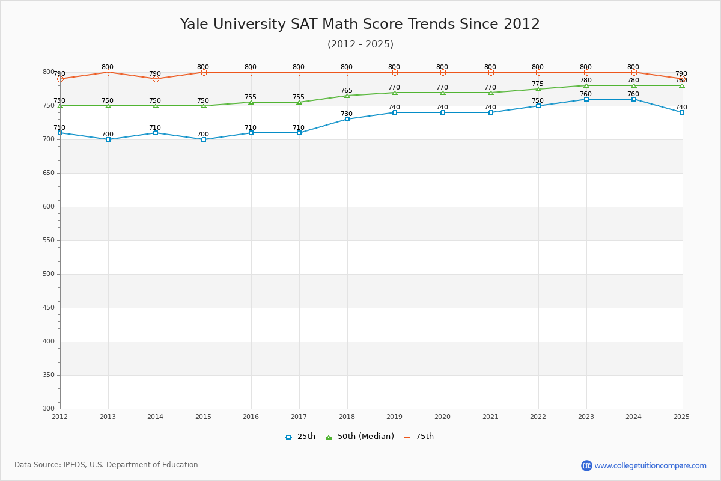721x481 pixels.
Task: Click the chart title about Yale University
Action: point(360,24)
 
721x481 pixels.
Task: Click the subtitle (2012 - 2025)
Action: point(360,44)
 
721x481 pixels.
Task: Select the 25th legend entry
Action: point(300,437)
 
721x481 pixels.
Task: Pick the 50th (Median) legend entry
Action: point(359,437)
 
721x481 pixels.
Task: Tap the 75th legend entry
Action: point(419,437)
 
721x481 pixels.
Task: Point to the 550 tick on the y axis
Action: point(48,240)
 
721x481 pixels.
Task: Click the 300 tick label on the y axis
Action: point(48,409)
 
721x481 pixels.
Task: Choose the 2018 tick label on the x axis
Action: point(347,417)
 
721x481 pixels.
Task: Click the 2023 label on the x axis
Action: point(586,417)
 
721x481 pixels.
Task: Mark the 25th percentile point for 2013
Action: point(108,139)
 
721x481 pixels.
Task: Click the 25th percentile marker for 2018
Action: point(347,119)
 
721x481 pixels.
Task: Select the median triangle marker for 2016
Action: point(251,102)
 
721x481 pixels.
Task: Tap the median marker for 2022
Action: point(538,89)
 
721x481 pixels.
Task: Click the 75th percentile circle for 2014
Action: point(156,79)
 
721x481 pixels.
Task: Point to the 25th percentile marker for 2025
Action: point(682,112)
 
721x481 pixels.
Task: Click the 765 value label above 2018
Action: point(347,91)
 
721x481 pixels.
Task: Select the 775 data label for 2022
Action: point(538,84)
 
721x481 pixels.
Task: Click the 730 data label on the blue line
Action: point(347,114)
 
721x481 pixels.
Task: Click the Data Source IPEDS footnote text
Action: point(106,465)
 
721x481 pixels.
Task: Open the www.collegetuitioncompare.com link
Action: point(650,465)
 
